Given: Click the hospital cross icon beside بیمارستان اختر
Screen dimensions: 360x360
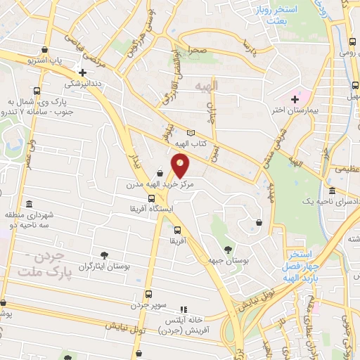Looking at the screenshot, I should [x=295, y=99].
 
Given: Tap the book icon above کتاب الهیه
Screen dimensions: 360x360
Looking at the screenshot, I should [x=189, y=133].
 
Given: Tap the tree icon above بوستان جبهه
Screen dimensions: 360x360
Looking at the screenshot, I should [x=226, y=249].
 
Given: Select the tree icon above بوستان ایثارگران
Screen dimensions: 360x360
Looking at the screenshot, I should [x=105, y=255].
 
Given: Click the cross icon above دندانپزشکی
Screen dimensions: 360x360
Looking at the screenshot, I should [x=82, y=72].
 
